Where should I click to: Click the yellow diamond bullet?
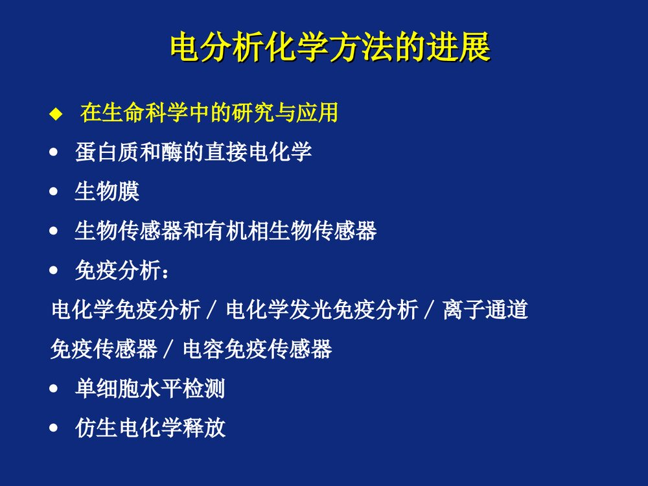[x=54, y=115]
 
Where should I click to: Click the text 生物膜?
[x=108, y=192]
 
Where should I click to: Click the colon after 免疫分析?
[x=167, y=272]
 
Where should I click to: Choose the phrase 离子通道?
[x=485, y=310]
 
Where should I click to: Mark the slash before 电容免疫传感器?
[x=168, y=351]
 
